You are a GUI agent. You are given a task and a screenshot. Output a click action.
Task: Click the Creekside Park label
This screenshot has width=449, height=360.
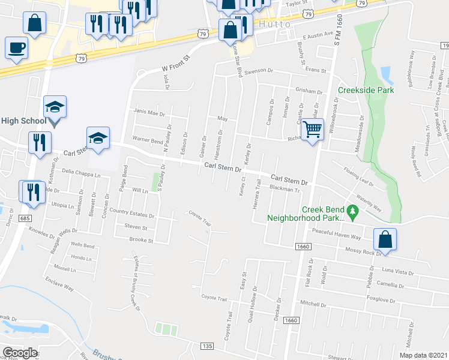point(366,91)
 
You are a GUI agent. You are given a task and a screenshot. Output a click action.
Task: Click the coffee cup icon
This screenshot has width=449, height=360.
point(16,47)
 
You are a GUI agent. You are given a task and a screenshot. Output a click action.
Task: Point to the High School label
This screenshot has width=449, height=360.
point(23,121)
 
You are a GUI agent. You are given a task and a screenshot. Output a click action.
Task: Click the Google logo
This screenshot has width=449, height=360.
point(20,353)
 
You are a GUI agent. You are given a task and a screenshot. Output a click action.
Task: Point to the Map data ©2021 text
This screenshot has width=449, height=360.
point(424,355)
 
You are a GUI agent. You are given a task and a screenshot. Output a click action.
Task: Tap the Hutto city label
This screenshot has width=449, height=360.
point(277,25)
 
